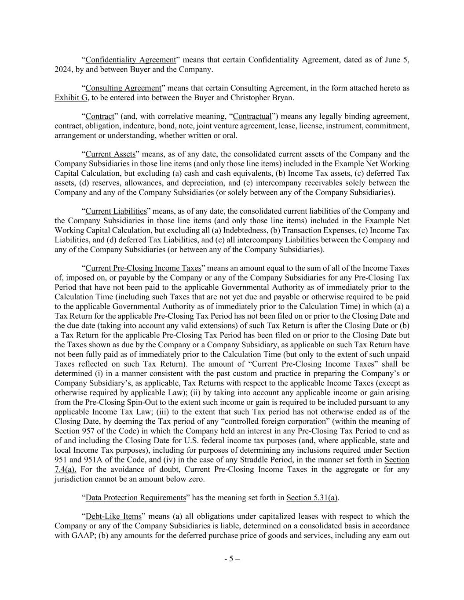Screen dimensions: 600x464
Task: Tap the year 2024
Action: pos(62,69)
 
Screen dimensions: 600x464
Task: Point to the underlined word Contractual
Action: pos(252,116)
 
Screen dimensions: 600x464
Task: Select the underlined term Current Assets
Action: pos(110,154)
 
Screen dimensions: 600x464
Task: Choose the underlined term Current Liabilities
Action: pos(116,211)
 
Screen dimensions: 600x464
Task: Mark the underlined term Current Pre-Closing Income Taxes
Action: pos(143,268)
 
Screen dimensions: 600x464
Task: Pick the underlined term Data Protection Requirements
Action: pos(136,498)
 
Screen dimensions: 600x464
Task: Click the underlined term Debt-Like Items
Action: pos(113,516)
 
